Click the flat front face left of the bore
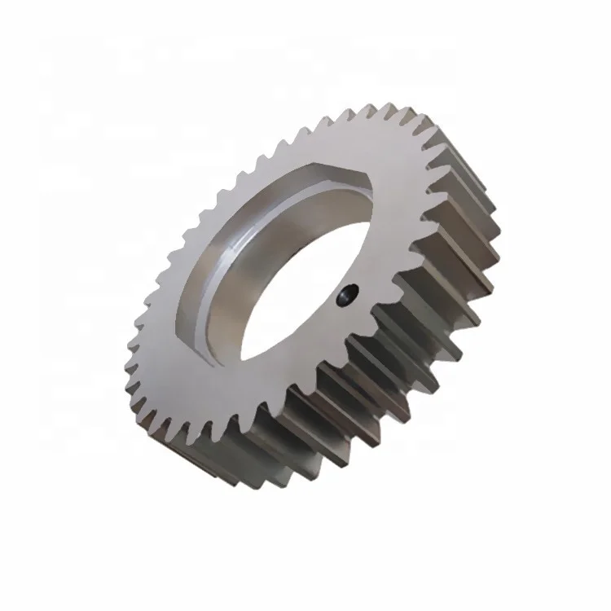pyautogui.click(x=175, y=310)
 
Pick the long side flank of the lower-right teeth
pyautogui.click(x=383, y=391)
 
